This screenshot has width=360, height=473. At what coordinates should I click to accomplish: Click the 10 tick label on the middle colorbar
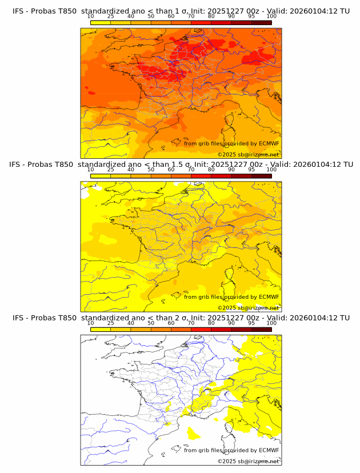pos(91,170)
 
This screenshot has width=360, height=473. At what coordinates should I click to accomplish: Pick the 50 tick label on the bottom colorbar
pos(151,323)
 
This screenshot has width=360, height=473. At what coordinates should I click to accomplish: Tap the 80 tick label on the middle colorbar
pos(211,170)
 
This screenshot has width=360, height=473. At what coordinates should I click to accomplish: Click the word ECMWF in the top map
pos(269,144)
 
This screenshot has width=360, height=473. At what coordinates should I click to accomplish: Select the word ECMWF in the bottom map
pos(269,450)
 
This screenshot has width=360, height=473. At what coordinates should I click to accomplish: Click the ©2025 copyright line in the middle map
pos(248,307)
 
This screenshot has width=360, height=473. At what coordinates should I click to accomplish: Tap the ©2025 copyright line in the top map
pos(248,155)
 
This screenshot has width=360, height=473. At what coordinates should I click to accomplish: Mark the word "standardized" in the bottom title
pos(106,318)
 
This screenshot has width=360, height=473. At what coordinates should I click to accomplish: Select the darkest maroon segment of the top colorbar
pos(261,22)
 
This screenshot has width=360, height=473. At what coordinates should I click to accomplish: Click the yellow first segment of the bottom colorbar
pos(101,329)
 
